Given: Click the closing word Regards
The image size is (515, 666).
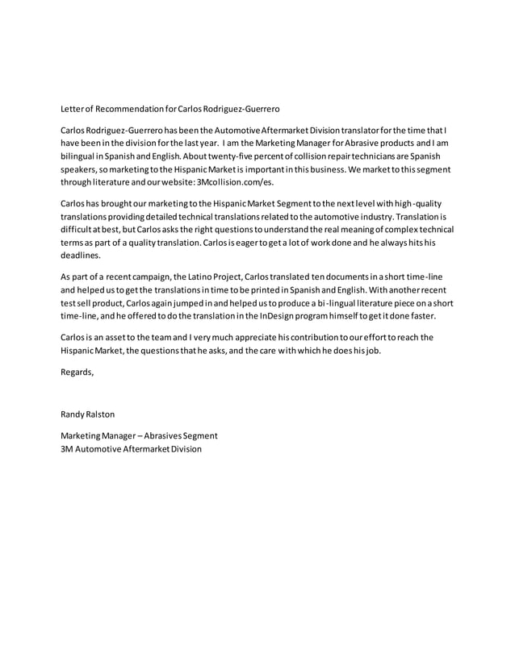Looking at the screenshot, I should point(77,372).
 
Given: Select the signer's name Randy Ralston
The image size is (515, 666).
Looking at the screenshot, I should point(88,414).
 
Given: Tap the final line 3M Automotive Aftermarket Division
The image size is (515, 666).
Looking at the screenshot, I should point(132,448).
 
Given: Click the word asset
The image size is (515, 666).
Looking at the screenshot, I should point(111,336).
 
